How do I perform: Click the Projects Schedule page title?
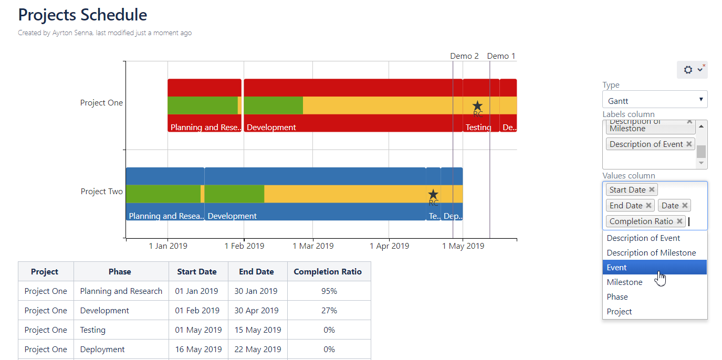pyautogui.click(x=82, y=15)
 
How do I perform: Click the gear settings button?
pyautogui.click(x=692, y=70)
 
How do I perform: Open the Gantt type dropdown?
pyautogui.click(x=654, y=100)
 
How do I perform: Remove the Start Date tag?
pyautogui.click(x=652, y=190)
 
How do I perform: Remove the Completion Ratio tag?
pyautogui.click(x=679, y=221)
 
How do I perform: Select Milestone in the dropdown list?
pyautogui.click(x=625, y=282)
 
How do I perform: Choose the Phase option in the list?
pyautogui.click(x=618, y=297)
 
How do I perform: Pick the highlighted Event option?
pyautogui.click(x=617, y=268)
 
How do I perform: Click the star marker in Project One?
pyautogui.click(x=477, y=106)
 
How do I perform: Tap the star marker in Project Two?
pyautogui.click(x=433, y=195)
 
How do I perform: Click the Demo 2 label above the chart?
pyautogui.click(x=464, y=56)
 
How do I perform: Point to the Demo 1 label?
pyautogui.click(x=501, y=56)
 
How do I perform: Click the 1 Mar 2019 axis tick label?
pyautogui.click(x=313, y=246)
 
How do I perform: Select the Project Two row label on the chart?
pyautogui.click(x=101, y=192)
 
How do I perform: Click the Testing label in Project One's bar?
pyautogui.click(x=478, y=128)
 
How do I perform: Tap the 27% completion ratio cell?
pyautogui.click(x=329, y=311)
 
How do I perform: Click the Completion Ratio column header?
pyautogui.click(x=328, y=272)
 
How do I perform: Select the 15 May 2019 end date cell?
pyautogui.click(x=257, y=330)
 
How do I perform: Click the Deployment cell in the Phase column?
pyautogui.click(x=102, y=350)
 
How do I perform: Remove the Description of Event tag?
pyautogui.click(x=689, y=144)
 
